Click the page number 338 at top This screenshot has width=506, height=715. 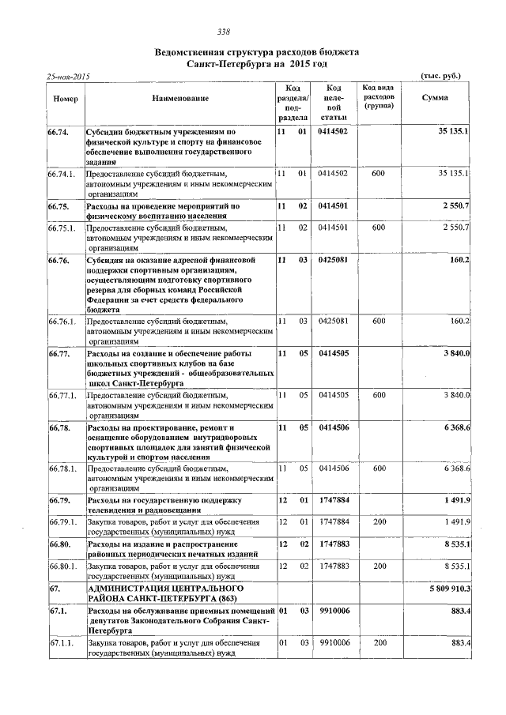coord(223,32)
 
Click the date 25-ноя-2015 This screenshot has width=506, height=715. coord(69,77)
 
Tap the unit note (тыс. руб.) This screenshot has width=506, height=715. coord(442,77)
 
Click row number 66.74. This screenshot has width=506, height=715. coord(59,131)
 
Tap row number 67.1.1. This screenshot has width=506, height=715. coord(62,645)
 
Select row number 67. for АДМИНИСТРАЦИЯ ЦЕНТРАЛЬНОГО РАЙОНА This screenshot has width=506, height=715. coord(55,589)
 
